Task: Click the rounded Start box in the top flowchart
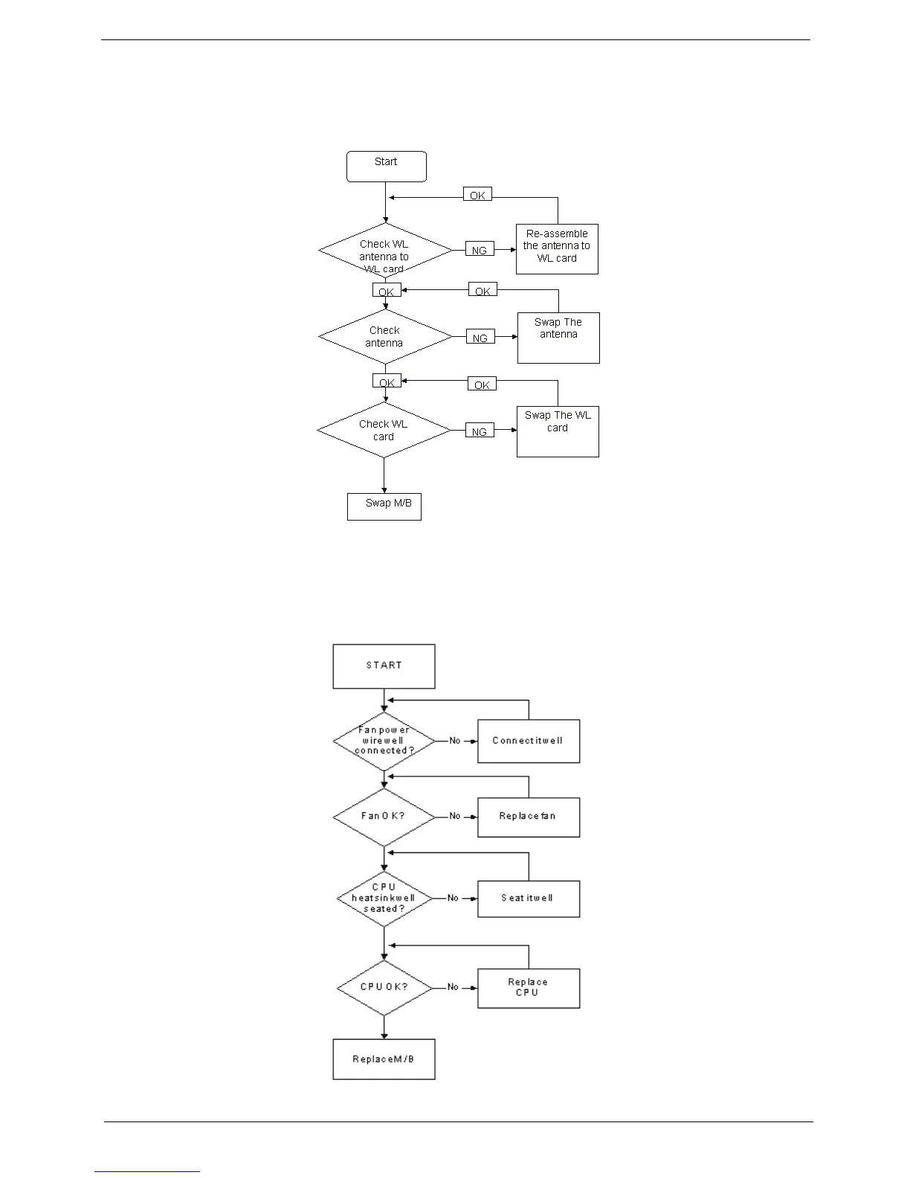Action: tap(386, 166)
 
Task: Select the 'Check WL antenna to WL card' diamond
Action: tap(384, 251)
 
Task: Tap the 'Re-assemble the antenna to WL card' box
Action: tap(557, 248)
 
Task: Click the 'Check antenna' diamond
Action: tap(384, 337)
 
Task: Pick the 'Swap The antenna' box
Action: tap(558, 338)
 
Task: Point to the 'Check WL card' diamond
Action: tap(384, 430)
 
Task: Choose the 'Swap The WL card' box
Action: tap(558, 431)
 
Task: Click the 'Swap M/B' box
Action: tap(384, 506)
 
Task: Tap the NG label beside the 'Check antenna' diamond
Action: tap(480, 338)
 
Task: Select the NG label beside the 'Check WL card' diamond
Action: tap(480, 431)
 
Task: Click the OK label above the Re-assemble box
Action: tap(477, 195)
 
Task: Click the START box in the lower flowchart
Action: tap(384, 666)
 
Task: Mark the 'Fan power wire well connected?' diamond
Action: tap(384, 741)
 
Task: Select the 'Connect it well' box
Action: tap(529, 741)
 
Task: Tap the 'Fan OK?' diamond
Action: tap(384, 817)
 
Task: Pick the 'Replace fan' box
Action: tap(529, 817)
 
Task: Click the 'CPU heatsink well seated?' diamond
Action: tap(384, 898)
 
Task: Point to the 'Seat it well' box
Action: tap(529, 898)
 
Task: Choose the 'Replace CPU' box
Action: tap(529, 988)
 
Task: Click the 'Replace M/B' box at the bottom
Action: tap(384, 1059)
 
